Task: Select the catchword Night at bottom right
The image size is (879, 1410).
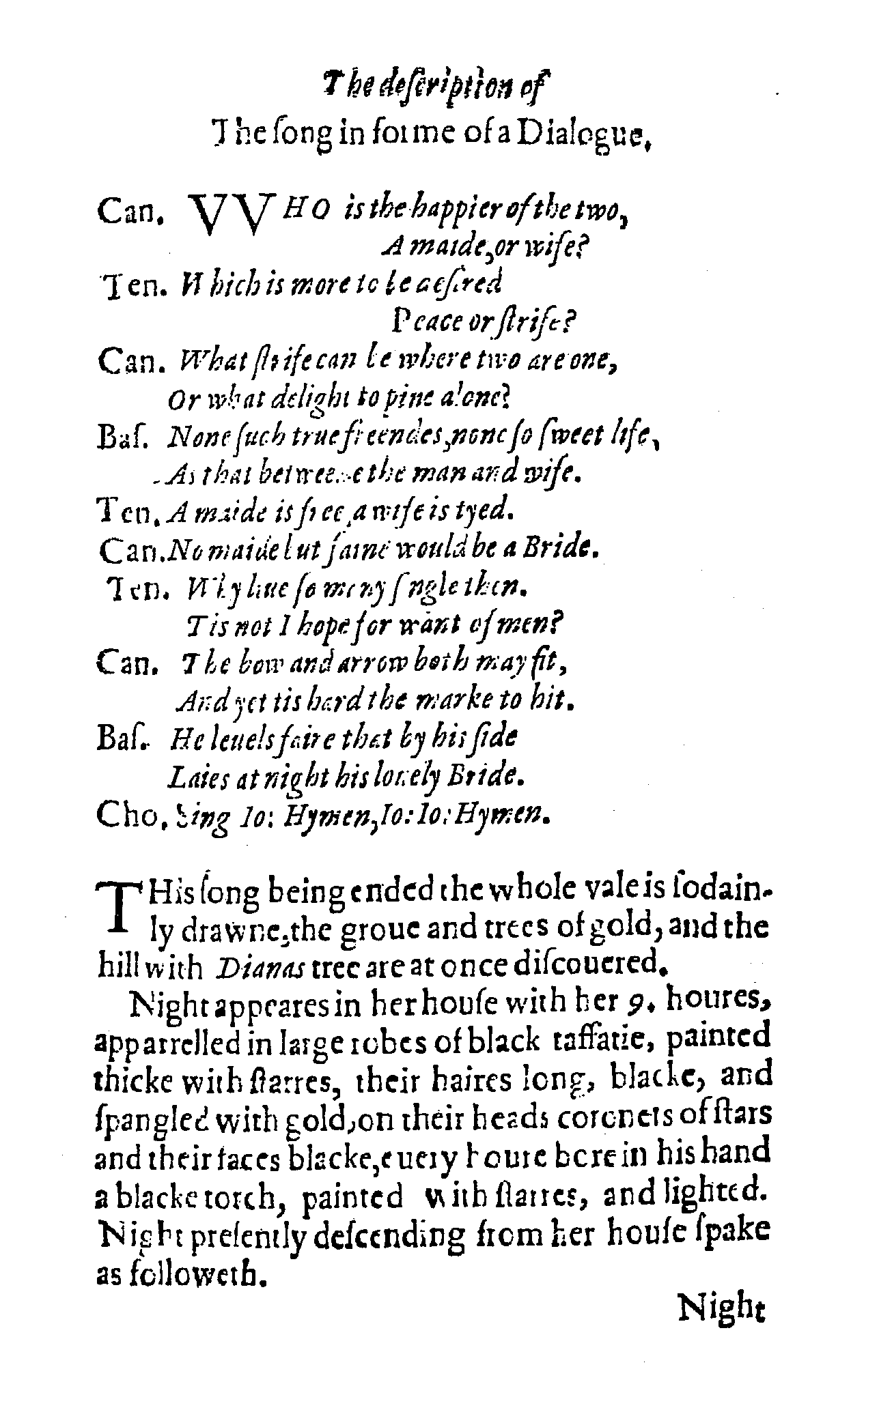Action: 721,1310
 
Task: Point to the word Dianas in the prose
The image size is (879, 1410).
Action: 245,966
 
